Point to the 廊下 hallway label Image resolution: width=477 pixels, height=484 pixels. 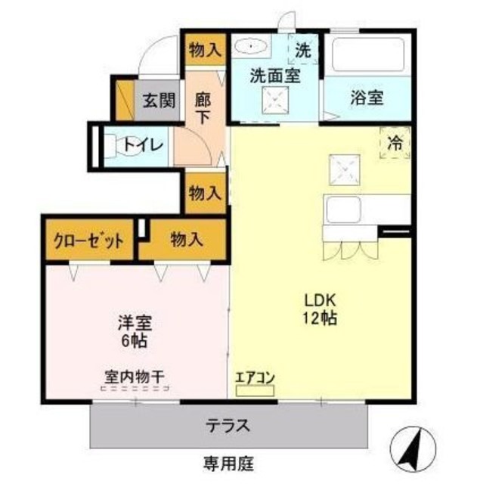point(203,107)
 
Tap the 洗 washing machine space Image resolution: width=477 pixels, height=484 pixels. point(302,51)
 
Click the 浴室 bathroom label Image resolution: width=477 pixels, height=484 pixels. point(367,97)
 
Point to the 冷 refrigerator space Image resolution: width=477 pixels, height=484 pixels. point(395,141)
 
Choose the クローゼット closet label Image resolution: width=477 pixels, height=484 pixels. point(88,241)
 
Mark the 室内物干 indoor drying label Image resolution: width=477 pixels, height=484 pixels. point(135,376)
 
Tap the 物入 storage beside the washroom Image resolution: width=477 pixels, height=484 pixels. point(205,50)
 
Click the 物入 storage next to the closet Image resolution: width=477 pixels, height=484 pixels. point(186,240)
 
